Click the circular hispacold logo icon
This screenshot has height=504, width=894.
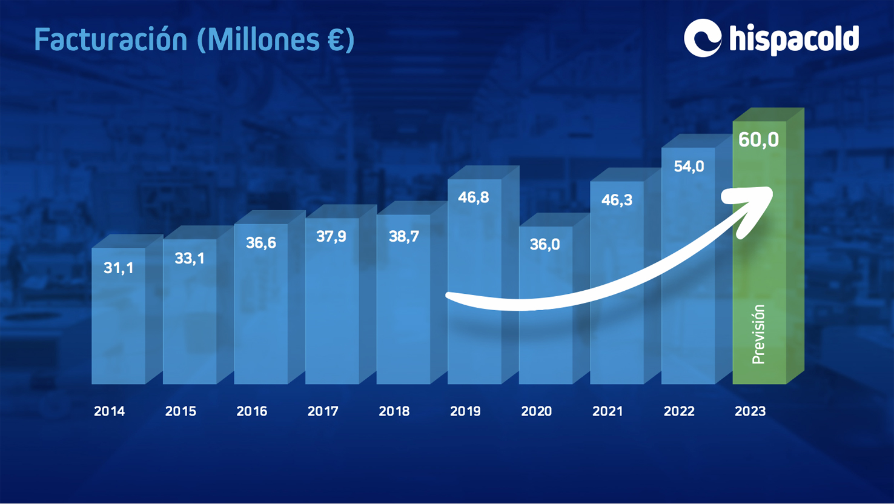[702, 38]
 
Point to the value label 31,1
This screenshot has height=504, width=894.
[118, 268]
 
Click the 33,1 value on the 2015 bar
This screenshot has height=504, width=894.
[190, 259]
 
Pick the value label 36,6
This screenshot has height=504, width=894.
[261, 243]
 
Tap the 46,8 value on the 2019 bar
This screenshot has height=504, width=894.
[474, 197]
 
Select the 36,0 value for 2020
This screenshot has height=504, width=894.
[545, 245]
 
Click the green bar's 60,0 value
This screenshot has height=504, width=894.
[758, 140]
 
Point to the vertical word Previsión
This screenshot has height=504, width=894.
[758, 334]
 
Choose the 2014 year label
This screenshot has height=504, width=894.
[110, 411]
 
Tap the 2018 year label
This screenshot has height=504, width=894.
[394, 411]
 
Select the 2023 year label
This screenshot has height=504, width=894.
[750, 411]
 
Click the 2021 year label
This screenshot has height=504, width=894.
[608, 411]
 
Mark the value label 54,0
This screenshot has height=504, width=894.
[689, 167]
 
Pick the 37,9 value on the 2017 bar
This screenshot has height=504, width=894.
[331, 236]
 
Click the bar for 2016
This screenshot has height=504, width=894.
[261, 315]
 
